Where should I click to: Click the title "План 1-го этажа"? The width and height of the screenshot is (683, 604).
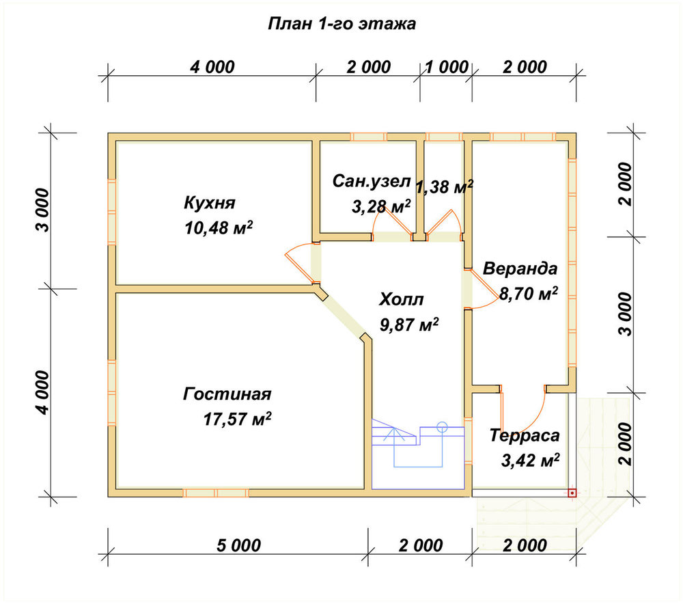pyautogui.click(x=341, y=23)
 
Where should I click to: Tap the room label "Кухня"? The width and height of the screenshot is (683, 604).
pyautogui.click(x=210, y=203)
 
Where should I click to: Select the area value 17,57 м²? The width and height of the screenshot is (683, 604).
pyautogui.click(x=237, y=420)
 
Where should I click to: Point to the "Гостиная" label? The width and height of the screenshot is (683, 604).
pyautogui.click(x=227, y=394)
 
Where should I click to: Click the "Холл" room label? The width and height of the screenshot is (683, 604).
pyautogui.click(x=401, y=300)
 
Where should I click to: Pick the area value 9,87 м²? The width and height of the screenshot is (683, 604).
pyautogui.click(x=409, y=325)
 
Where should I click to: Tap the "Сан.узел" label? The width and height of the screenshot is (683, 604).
pyautogui.click(x=371, y=181)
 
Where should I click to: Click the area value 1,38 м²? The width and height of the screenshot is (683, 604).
pyautogui.click(x=445, y=187)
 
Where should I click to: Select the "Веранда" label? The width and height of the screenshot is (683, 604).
pyautogui.click(x=520, y=269)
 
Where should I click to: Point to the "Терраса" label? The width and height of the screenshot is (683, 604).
pyautogui.click(x=525, y=435)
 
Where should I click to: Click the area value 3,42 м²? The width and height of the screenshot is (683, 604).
pyautogui.click(x=530, y=461)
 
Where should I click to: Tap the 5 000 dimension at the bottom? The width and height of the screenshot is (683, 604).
pyautogui.click(x=238, y=545)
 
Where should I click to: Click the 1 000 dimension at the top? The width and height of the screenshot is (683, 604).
pyautogui.click(x=447, y=67)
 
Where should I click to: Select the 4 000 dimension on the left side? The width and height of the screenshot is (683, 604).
pyautogui.click(x=42, y=392)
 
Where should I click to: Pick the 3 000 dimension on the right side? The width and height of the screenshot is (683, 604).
pyautogui.click(x=626, y=314)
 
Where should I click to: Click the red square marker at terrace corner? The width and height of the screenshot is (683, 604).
pyautogui.click(x=572, y=493)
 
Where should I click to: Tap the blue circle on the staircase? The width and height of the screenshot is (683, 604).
pyautogui.click(x=442, y=426)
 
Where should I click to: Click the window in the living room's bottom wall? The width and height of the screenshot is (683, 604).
pyautogui.click(x=216, y=493)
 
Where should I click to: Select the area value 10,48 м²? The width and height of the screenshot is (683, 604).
pyautogui.click(x=219, y=228)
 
